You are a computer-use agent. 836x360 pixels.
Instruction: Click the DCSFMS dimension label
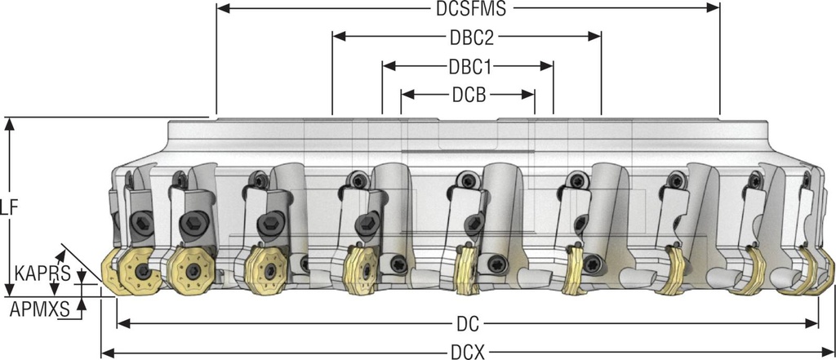[x=468, y=9]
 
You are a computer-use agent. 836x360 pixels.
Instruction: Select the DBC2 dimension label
[x=469, y=37]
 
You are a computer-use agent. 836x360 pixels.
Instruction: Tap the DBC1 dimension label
[x=469, y=65]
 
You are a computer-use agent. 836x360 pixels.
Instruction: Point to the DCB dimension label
[x=469, y=94]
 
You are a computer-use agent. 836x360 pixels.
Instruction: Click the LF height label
[x=9, y=208]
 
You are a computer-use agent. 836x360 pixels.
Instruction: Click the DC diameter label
[x=468, y=323]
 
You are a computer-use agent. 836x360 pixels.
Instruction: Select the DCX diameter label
[x=468, y=352]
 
